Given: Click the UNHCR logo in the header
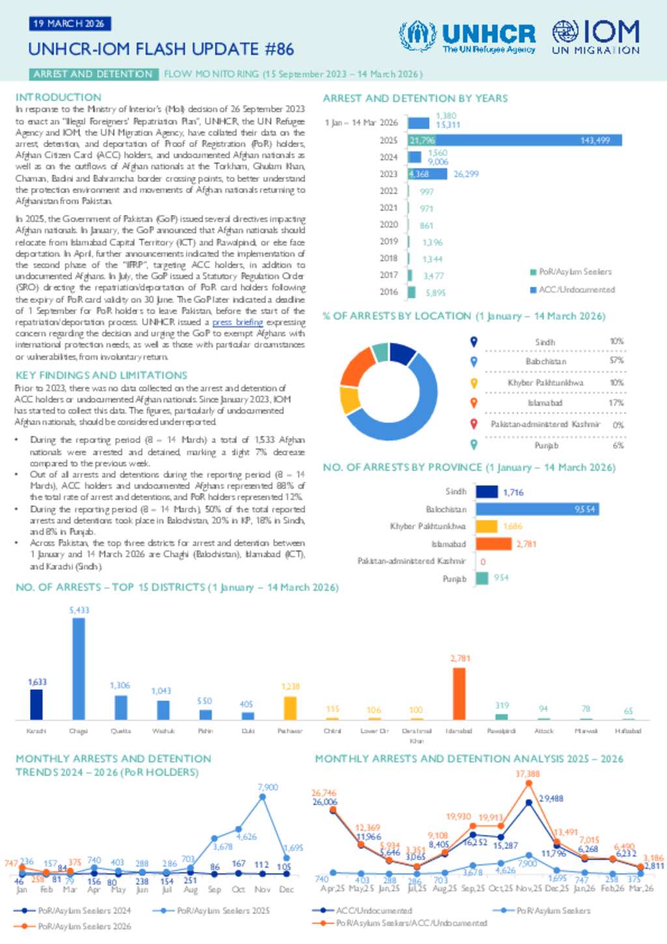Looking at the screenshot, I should point(467,36).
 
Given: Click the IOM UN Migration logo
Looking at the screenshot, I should point(596,36).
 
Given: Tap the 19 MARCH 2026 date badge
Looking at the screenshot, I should point(69,23).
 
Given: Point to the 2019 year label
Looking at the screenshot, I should point(389,242).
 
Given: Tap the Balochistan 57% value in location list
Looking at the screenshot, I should point(616,361).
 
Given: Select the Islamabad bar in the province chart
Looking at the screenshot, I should point(494,543).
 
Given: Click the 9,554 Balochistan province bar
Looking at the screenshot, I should point(537,509).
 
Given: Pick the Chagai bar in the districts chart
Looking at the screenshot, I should point(78,668).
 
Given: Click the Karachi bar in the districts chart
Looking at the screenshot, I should point(36,704).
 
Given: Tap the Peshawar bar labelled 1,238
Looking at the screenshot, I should point(290,708).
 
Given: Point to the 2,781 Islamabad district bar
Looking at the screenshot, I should point(459,694).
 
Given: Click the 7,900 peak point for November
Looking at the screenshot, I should point(263,796).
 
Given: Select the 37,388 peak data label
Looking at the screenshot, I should point(528,774).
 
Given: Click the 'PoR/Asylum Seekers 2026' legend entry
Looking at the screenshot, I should point(85,926).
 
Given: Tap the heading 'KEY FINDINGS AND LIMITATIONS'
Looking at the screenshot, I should point(102,375).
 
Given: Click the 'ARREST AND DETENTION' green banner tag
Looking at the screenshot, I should point(92,74).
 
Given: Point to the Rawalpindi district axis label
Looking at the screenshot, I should point(501,731).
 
